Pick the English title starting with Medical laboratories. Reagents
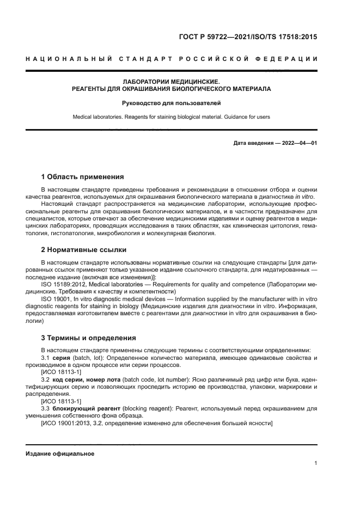point(172,116)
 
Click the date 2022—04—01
point(297,143)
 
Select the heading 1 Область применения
point(82,177)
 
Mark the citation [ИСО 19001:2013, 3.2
point(74,423)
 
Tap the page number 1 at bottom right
point(316,463)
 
